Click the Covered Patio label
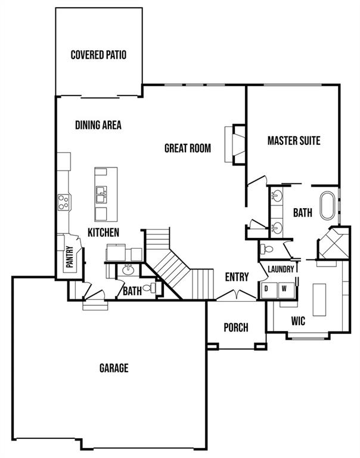[x=98, y=55]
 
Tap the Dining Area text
[x=98, y=125]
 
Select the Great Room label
[x=188, y=148]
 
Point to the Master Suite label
[x=294, y=141]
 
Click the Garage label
[x=114, y=368]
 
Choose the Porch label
[x=236, y=327]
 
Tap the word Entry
[x=237, y=277]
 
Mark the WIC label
[x=298, y=321]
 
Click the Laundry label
[x=280, y=270]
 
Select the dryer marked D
[x=267, y=289]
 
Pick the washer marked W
[x=284, y=289]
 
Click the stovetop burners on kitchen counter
[x=64, y=203]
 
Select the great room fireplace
[x=235, y=144]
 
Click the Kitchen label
[x=104, y=232]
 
